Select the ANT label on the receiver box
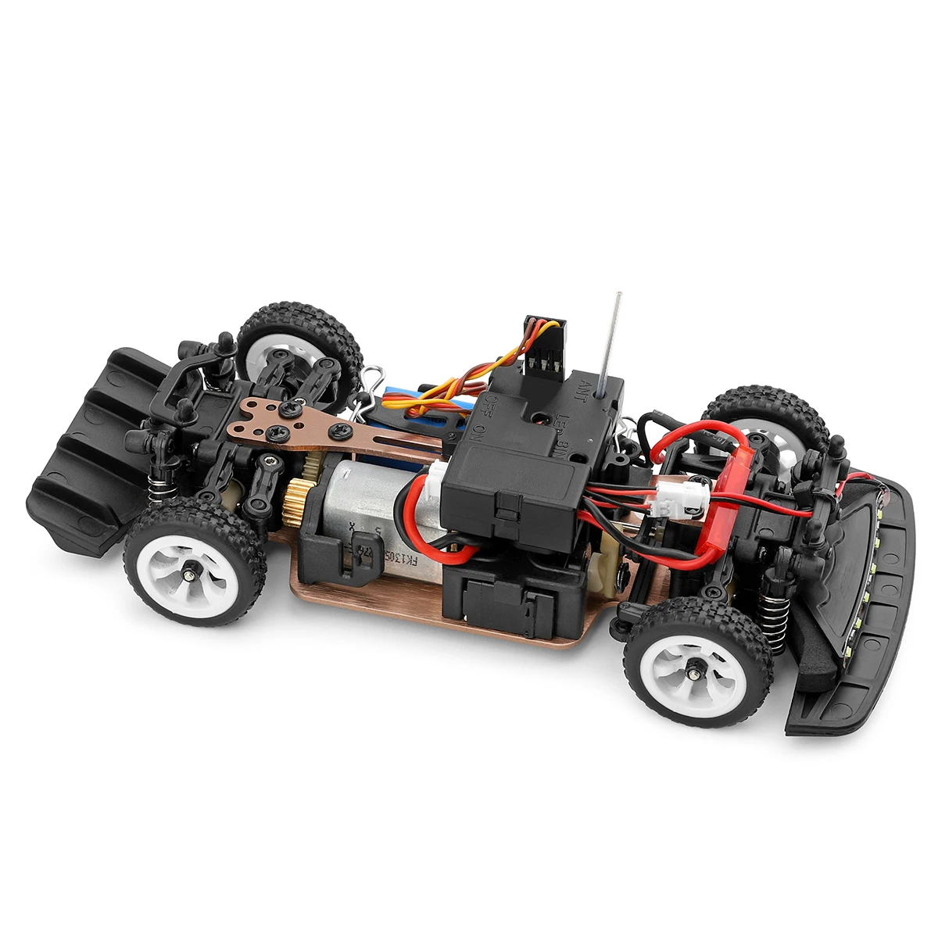[585, 390]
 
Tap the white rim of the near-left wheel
[188, 571]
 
